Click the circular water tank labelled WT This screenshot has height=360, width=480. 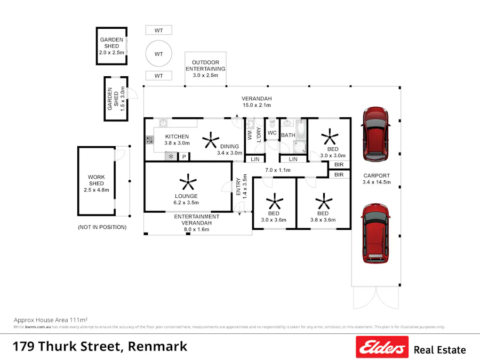tap(159, 54)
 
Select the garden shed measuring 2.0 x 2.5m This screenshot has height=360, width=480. tap(111, 46)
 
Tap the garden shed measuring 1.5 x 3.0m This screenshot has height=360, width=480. tap(116, 98)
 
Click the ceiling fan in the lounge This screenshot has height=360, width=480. tap(188, 182)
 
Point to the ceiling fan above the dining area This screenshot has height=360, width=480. tap(210, 140)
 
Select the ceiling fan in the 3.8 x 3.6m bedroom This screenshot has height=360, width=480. tap(323, 203)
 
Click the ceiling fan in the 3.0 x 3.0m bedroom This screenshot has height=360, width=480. tap(330, 137)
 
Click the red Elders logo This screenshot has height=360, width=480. tap(382, 347)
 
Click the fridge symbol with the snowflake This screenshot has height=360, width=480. tap(171, 157)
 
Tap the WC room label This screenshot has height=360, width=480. tap(272, 133)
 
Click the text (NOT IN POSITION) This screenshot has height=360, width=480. tap(102, 227)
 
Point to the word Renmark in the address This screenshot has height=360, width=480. tap(158, 346)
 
